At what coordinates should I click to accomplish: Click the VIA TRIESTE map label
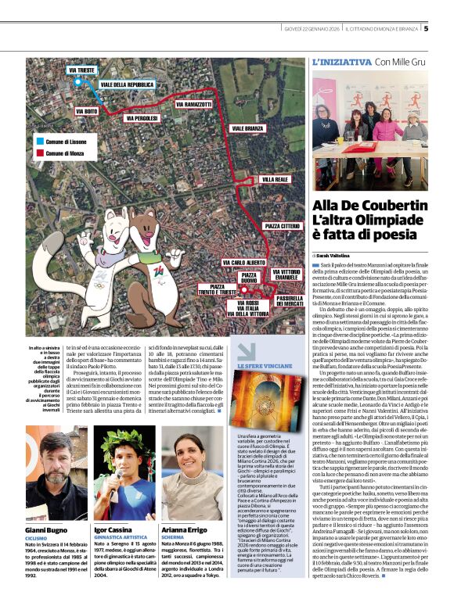coord(83,70)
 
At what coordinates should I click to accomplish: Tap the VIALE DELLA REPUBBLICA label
coord(128,84)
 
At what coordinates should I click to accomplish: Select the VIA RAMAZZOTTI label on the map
coord(193,104)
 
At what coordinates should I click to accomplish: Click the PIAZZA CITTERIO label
coord(282,226)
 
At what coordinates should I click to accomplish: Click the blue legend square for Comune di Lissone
coord(40,143)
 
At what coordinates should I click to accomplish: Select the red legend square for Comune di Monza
coord(40,154)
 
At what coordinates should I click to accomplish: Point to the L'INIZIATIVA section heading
coord(341,61)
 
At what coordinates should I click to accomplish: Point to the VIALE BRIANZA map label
coord(247,127)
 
